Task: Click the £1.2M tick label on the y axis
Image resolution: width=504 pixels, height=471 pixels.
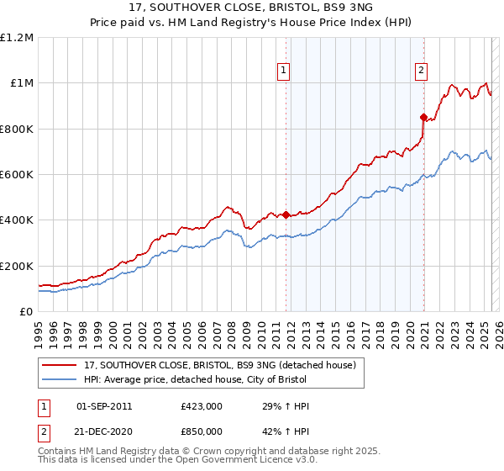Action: coord(17,37)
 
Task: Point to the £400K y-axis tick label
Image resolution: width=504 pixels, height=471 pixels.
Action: coord(17,220)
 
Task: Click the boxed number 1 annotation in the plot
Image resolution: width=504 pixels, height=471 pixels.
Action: coord(285,71)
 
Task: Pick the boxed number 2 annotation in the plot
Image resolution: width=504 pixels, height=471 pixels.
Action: coord(420,71)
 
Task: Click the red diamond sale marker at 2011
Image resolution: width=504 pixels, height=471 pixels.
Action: coord(286,214)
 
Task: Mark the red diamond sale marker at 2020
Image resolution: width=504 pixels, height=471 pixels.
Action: coord(423,117)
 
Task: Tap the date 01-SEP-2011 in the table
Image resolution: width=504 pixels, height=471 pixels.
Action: coord(104,406)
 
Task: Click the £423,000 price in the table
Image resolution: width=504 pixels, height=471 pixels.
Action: coord(202,406)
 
